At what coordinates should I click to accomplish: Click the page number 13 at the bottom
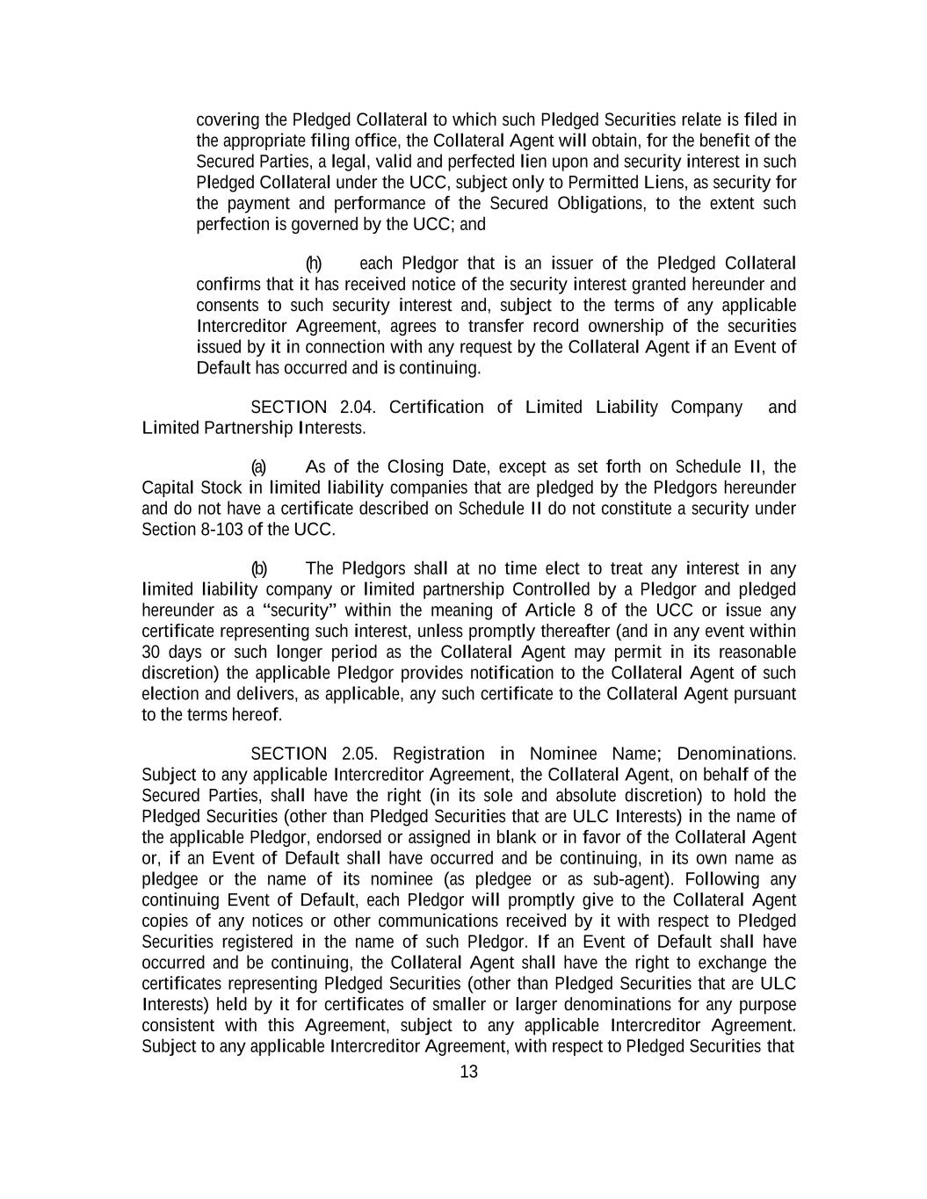coord(468,1072)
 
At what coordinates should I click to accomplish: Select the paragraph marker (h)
coord(314,264)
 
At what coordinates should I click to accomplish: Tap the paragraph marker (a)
coord(259,466)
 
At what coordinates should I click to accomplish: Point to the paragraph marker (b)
coord(259,568)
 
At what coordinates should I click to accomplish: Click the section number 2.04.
coord(357,407)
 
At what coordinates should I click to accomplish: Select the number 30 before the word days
coord(150,653)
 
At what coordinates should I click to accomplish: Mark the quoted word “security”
coord(300,610)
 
